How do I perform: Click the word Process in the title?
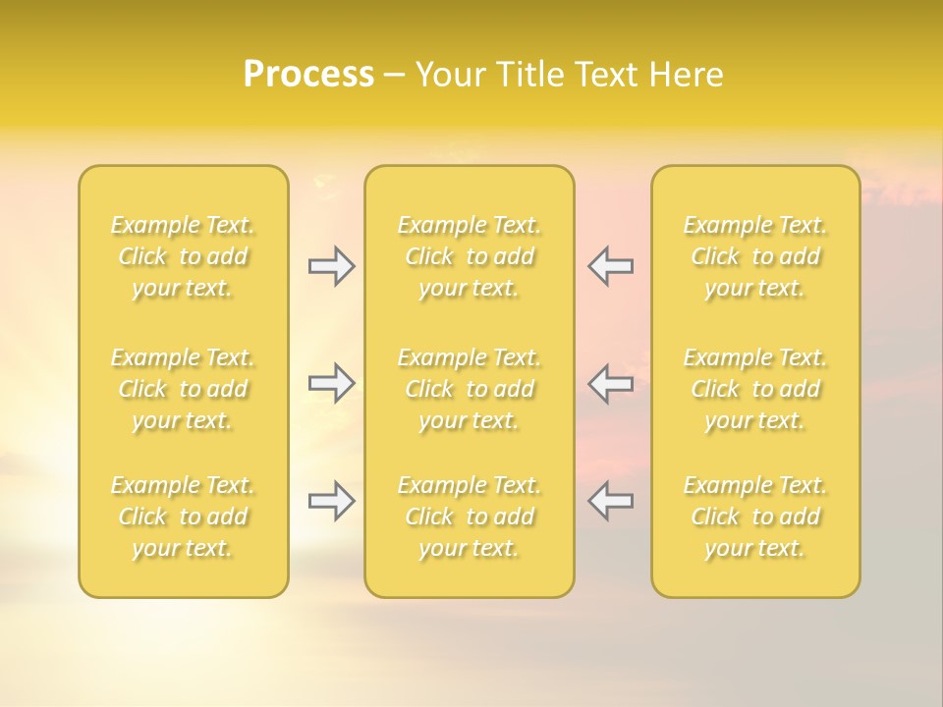(x=308, y=75)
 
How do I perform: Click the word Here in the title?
(x=687, y=75)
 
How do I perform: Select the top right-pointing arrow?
(x=331, y=266)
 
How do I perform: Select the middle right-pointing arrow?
(x=331, y=383)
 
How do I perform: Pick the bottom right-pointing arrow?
(x=331, y=501)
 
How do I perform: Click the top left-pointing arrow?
(x=610, y=266)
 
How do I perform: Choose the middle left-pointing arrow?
(x=610, y=383)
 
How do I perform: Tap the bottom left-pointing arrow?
(x=610, y=501)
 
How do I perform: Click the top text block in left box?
(x=183, y=256)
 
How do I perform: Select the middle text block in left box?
(x=183, y=389)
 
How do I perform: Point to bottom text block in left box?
(x=183, y=517)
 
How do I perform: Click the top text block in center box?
(x=470, y=256)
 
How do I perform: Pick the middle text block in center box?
(x=470, y=389)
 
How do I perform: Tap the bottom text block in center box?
(x=470, y=517)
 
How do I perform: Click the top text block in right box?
(x=755, y=256)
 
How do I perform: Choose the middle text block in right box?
(x=755, y=389)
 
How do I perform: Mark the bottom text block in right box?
(x=755, y=517)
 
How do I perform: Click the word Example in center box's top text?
(x=443, y=226)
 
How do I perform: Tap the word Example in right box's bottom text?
(x=729, y=486)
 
